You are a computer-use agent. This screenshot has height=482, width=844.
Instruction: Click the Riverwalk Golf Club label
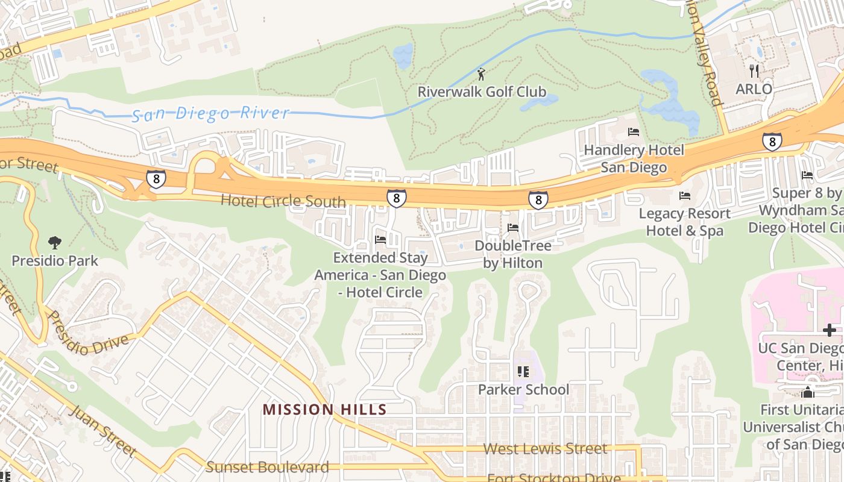click(482, 92)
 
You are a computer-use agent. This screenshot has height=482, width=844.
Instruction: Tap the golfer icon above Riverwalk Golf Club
click(481, 75)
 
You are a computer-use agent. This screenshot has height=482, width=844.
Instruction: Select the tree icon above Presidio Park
click(55, 243)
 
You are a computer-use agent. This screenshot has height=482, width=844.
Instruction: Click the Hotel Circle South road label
click(283, 201)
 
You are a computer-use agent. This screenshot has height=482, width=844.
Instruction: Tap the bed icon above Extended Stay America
click(380, 240)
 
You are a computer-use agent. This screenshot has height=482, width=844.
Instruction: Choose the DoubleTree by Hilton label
click(513, 254)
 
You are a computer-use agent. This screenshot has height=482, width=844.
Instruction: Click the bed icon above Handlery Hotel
click(634, 132)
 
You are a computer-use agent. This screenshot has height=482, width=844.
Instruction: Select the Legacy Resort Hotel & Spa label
click(685, 222)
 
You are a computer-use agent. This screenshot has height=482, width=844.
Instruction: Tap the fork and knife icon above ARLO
click(754, 71)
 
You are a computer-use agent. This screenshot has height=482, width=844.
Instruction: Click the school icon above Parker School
click(523, 372)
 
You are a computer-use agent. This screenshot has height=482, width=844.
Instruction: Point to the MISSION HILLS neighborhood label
click(324, 410)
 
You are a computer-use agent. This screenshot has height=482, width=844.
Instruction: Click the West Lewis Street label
click(546, 449)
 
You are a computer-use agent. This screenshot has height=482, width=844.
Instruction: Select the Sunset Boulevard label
click(268, 467)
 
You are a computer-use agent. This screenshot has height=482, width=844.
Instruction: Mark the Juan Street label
click(103, 430)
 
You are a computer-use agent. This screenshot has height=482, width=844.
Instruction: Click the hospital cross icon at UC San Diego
click(830, 330)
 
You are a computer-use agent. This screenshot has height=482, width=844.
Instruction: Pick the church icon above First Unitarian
click(807, 393)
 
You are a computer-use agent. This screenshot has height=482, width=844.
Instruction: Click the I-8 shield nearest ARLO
click(772, 142)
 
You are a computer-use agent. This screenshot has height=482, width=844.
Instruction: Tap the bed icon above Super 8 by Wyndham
click(807, 175)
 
